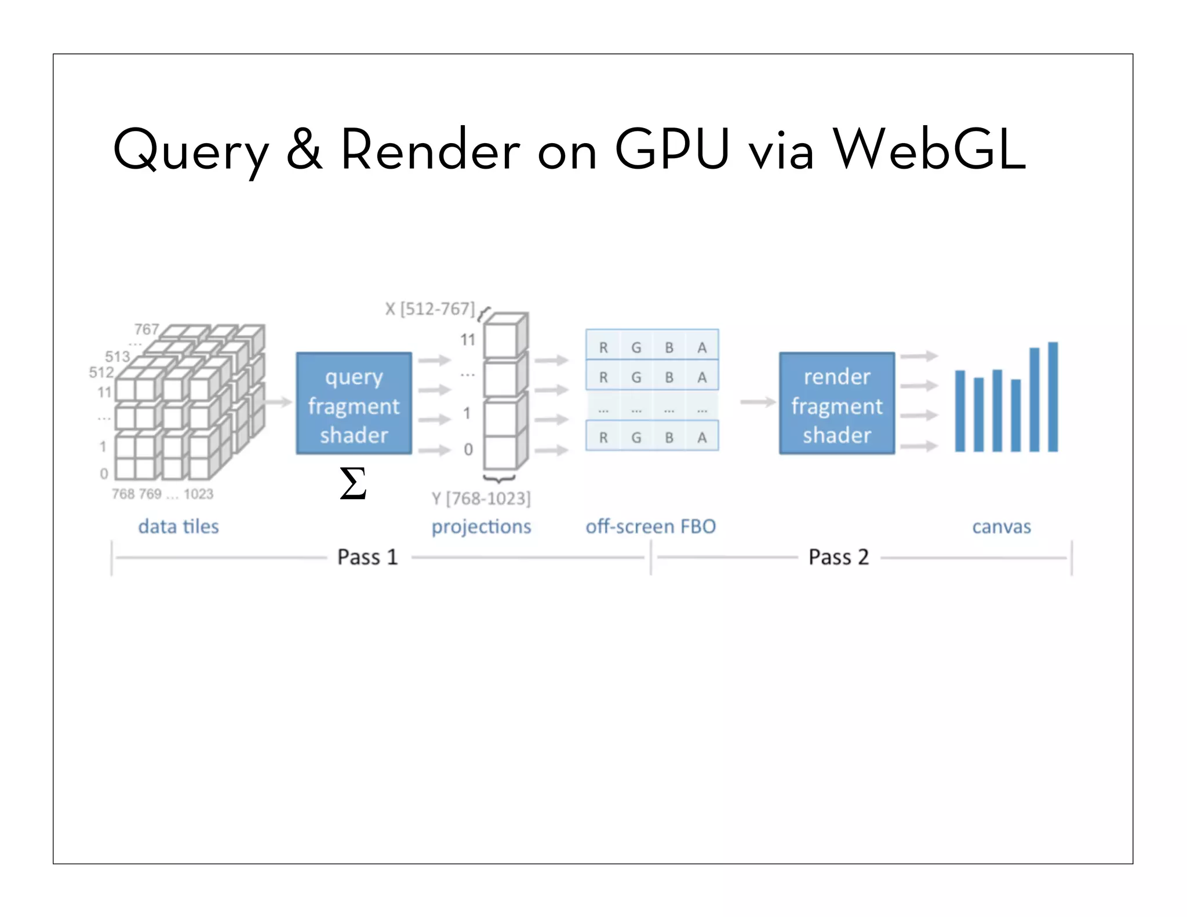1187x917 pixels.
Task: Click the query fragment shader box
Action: [354, 403]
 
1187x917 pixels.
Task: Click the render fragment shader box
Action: [836, 403]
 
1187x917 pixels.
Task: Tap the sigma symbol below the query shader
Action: [353, 483]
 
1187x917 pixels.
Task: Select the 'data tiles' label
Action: [179, 526]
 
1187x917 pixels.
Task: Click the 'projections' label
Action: [481, 526]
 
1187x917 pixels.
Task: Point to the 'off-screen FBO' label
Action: [650, 526]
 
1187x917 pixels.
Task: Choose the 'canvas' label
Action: [1001, 526]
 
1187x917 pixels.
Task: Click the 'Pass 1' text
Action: [367, 557]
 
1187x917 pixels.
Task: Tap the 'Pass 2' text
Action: [838, 557]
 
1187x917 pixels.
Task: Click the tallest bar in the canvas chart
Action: [1053, 397]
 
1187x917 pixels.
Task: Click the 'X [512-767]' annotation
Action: [430, 309]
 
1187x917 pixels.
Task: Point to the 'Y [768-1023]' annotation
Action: [481, 498]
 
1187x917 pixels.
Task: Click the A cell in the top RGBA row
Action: [702, 347]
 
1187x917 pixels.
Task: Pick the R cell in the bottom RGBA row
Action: [603, 438]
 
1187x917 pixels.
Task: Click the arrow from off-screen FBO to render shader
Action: [758, 402]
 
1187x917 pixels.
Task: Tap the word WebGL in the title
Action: [929, 150]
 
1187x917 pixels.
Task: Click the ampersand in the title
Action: [304, 150]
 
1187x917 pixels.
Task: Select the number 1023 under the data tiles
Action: [198, 494]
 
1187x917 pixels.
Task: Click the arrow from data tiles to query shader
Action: [279, 402]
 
